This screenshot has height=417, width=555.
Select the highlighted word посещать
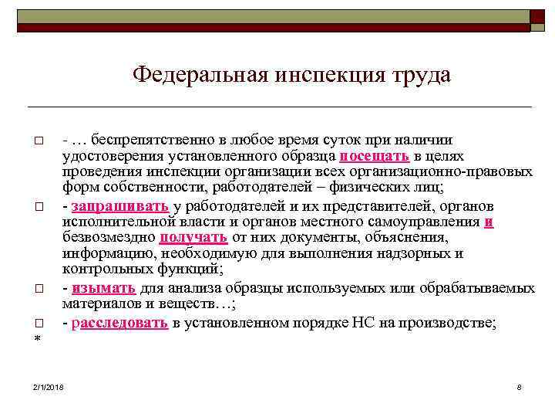[375, 154]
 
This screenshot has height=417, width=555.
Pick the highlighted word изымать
[104, 288]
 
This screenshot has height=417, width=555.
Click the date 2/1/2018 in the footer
[49, 386]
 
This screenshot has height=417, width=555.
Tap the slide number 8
[520, 386]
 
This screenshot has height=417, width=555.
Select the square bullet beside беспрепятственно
[36, 140]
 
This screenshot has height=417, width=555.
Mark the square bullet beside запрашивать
[36, 207]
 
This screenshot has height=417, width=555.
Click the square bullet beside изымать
[36, 289]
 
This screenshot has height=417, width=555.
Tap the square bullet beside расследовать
[36, 323]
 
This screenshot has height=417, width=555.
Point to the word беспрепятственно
[150, 139]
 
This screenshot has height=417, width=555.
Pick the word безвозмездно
[109, 238]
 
